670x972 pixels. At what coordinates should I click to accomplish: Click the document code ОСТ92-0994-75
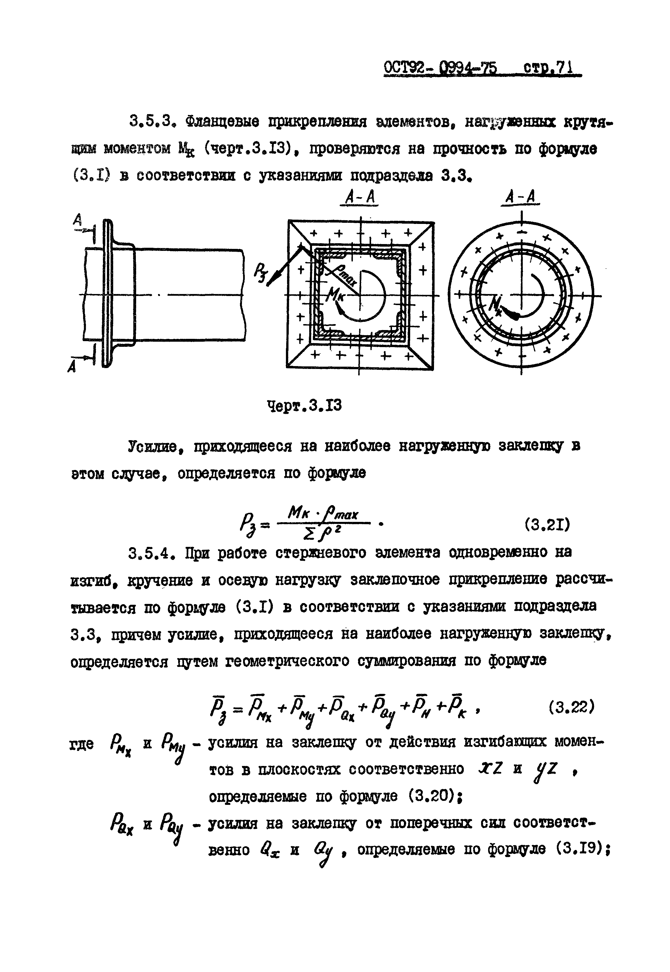[x=440, y=68]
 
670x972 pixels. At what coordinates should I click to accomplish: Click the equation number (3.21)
[x=547, y=525]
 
